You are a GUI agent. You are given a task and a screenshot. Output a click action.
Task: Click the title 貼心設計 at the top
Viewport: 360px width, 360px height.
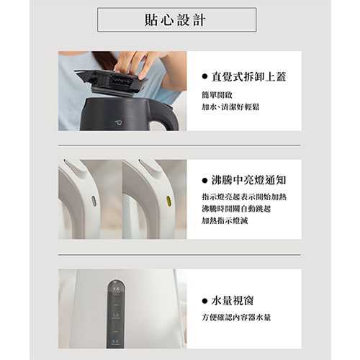click(176, 19)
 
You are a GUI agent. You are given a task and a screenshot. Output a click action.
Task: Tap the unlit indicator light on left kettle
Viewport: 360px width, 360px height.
click(94, 201)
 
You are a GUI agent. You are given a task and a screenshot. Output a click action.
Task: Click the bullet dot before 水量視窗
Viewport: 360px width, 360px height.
click(206, 300)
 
